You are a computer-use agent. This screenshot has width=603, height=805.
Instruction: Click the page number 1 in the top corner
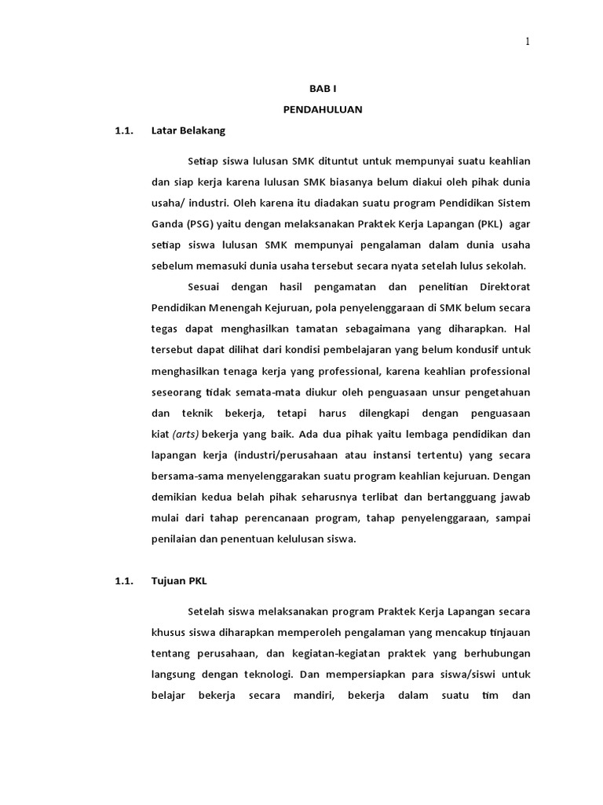coord(528,42)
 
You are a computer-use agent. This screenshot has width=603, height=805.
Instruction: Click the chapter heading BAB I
coord(322,90)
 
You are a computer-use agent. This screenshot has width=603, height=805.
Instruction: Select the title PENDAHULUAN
coord(323,110)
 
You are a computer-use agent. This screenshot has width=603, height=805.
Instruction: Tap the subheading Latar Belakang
coord(188,130)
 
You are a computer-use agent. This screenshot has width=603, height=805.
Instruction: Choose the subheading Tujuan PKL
coord(178,581)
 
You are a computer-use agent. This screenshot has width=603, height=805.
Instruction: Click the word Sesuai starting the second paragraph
coord(205,286)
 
